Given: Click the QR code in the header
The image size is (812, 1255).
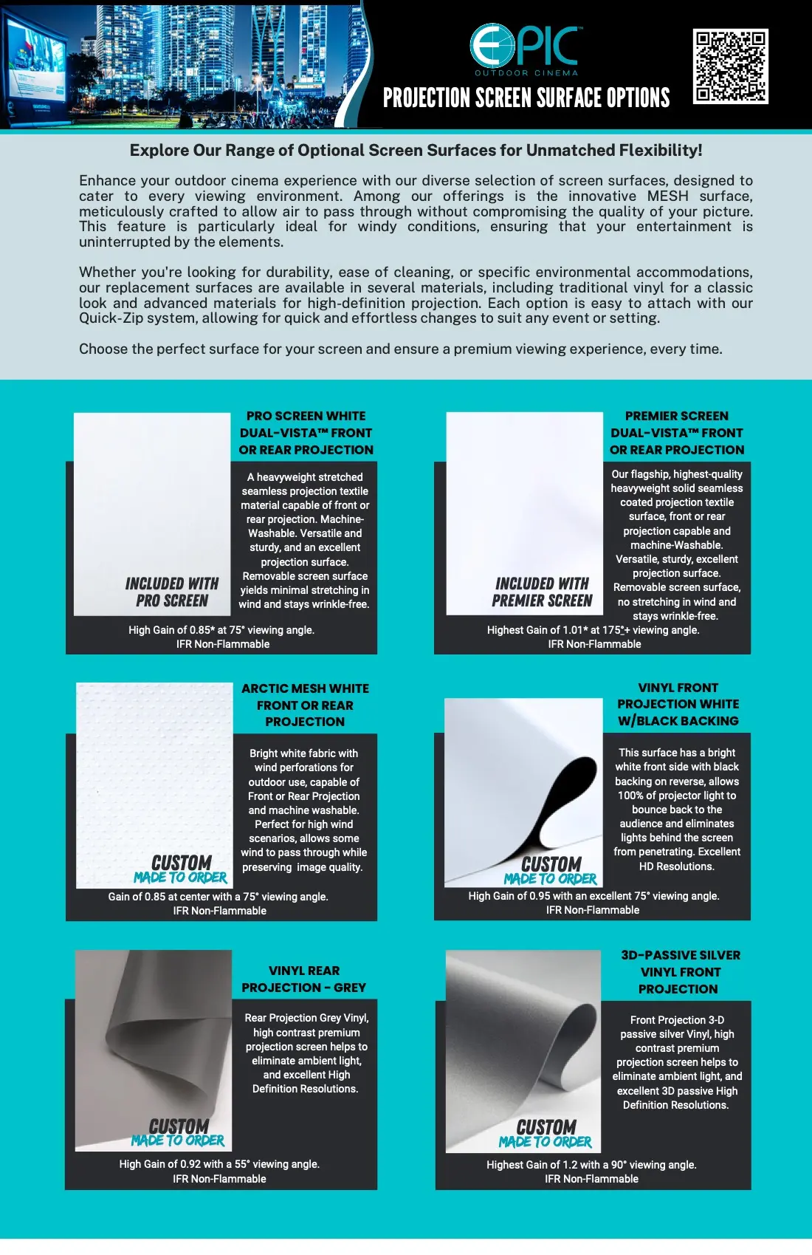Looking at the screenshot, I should (730, 66).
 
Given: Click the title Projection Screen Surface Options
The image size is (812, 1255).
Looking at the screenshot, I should (526, 98).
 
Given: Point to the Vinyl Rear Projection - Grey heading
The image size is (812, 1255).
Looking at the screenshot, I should (304, 979).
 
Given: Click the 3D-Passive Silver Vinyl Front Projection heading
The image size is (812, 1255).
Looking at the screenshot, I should (679, 972).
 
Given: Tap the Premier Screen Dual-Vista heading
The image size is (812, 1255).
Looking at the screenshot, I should (677, 433).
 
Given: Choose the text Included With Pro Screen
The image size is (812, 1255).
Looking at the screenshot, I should (172, 592).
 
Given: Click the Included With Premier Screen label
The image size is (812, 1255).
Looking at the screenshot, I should (542, 592).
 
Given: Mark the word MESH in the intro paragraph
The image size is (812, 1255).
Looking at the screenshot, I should (667, 196).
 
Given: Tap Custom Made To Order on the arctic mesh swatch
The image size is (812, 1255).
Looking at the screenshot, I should (181, 869).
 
